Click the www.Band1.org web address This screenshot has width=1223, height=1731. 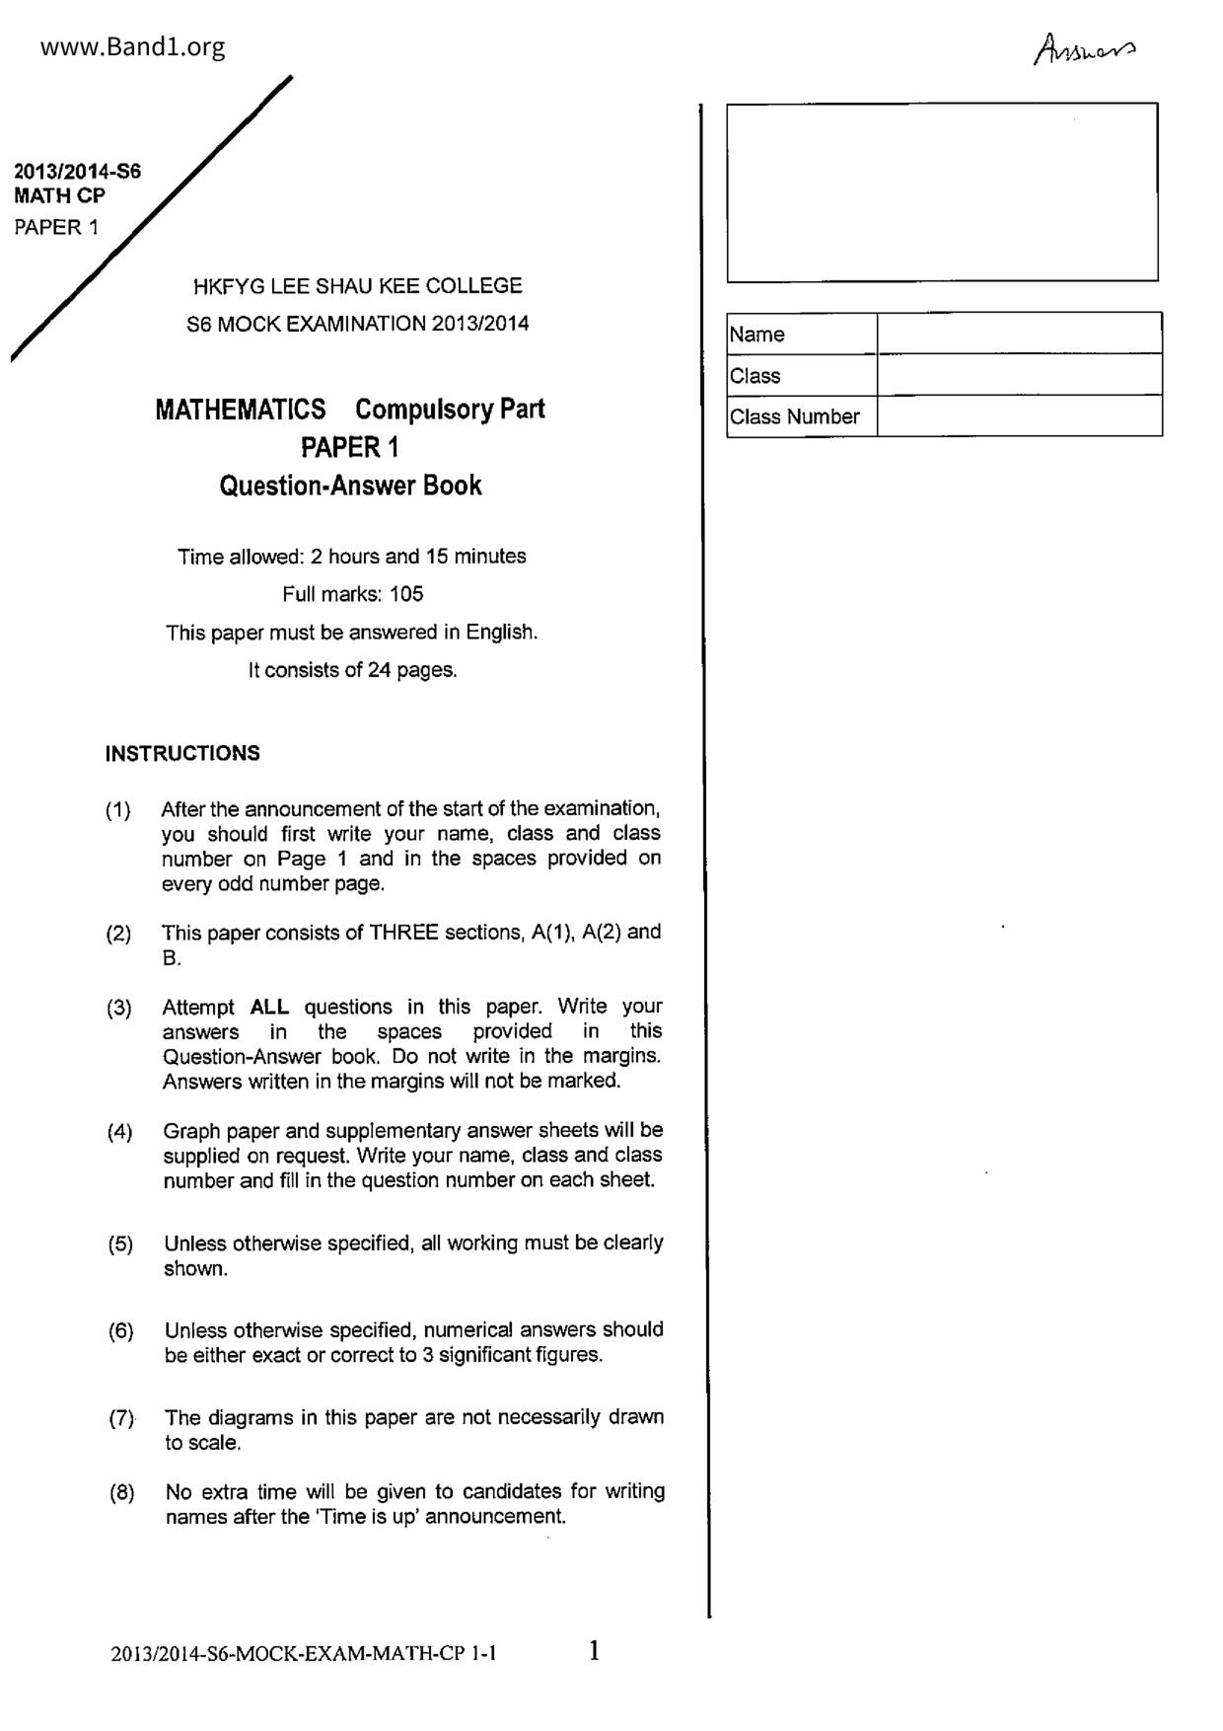[x=132, y=46]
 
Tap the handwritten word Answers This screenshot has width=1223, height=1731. [x=1084, y=49]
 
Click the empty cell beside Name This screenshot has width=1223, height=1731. [x=1019, y=334]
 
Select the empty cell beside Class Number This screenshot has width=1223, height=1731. [x=1019, y=416]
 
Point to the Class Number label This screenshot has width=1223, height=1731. [x=795, y=416]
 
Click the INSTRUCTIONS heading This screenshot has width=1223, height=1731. [x=182, y=753]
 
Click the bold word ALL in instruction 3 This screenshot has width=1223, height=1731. [x=269, y=1007]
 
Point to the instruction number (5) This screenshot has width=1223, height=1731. [x=120, y=1243]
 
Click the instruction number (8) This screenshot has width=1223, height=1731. [x=121, y=1492]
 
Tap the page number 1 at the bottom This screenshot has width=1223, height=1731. [x=594, y=1650]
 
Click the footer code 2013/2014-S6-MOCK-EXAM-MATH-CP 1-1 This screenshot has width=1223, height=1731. [x=304, y=1654]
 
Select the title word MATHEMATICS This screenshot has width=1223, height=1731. [x=241, y=409]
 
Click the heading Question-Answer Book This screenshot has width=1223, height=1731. [x=350, y=486]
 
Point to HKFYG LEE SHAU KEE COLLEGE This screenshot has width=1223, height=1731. [x=357, y=286]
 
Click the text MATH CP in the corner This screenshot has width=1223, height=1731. [x=59, y=195]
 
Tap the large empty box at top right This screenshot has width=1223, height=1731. [x=942, y=191]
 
